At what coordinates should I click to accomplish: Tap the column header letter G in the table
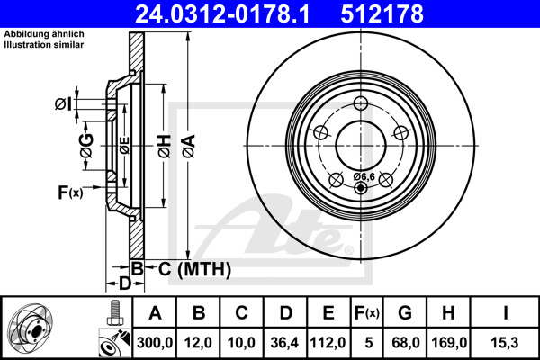click(405, 313)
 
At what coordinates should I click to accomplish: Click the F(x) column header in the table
click(366, 313)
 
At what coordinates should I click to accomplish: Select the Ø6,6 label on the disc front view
click(364, 176)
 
